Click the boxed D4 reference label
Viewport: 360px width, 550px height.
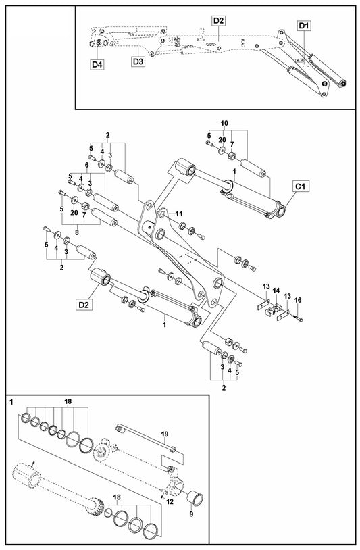pos(97,65)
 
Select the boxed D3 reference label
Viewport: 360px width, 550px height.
pos(138,61)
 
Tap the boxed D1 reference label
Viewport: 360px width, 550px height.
pos(303,26)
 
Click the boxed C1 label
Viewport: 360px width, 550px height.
pos(300,186)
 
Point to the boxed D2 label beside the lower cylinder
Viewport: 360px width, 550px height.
pos(84,305)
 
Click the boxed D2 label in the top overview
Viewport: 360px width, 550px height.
pos(218,21)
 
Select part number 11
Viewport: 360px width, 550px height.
pos(179,214)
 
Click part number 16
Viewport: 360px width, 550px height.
pos(298,300)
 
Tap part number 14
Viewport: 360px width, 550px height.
pos(276,291)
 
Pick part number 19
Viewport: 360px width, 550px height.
pos(165,434)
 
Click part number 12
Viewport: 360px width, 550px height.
pos(170,502)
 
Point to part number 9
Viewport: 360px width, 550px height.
pos(191,514)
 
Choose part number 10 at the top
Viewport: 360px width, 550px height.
pos(224,123)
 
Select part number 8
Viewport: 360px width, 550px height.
pos(77,232)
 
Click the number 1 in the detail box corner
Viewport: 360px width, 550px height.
pos(11,402)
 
